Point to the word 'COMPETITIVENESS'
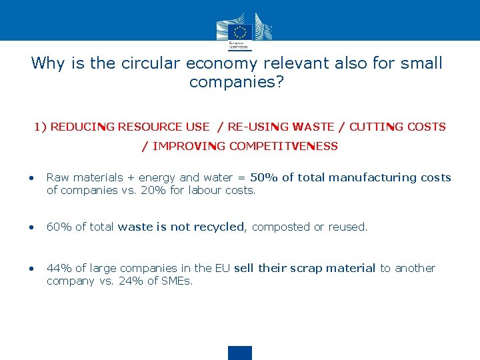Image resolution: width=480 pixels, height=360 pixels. coord(283,146)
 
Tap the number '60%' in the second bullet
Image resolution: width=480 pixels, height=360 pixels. coord(59,227)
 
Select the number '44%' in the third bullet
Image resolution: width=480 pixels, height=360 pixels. coord(59,268)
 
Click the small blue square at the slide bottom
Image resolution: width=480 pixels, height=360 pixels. coord(240,353)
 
